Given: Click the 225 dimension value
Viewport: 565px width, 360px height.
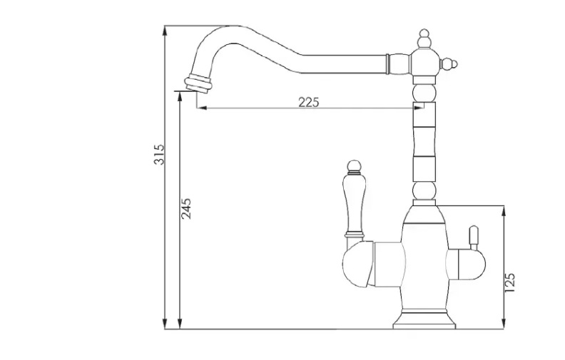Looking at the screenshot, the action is coord(309,102).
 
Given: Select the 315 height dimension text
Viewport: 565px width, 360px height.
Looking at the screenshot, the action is coord(159,155).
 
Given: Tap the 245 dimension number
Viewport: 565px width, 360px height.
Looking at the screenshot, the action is coord(186,208).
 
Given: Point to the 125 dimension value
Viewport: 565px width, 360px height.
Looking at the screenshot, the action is coord(510,282).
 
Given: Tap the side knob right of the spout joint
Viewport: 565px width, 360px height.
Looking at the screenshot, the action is coord(449,64).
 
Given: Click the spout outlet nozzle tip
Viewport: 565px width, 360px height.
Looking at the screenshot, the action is coord(198,83).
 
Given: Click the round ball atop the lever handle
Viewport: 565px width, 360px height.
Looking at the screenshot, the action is coord(354,167).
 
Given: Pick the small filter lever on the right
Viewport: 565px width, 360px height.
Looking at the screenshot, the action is coord(474,237).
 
